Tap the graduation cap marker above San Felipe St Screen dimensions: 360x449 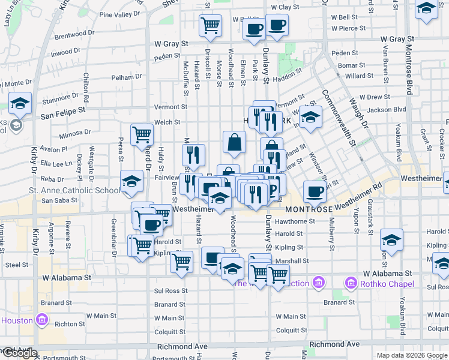20,104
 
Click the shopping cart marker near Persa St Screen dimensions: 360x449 142,134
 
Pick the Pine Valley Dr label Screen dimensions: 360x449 119,14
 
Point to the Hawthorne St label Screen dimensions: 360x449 295,221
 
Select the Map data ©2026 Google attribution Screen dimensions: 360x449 412,355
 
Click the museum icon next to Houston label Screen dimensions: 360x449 41,320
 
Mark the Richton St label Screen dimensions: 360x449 65,324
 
